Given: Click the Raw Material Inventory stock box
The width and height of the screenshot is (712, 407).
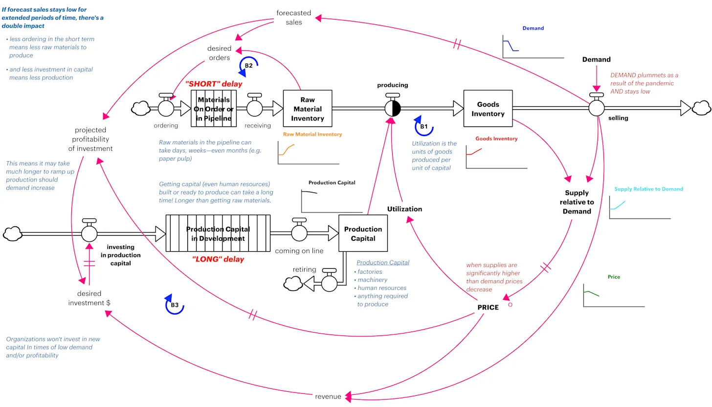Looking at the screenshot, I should tap(307, 109).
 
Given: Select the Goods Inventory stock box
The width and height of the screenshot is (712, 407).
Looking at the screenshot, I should tap(488, 109).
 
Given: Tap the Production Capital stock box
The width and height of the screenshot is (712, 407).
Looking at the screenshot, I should tap(363, 234).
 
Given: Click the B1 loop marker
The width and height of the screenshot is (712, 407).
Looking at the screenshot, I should tap(423, 126).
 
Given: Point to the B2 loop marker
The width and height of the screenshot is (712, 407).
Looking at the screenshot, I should tap(248, 66).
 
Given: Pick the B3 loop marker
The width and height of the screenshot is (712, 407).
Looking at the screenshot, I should tap(174, 305).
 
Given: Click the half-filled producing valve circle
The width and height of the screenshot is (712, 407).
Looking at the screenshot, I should tap(392, 108).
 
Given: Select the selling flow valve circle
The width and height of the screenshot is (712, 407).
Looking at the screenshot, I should tap(596, 108).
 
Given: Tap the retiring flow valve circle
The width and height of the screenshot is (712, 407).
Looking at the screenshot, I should tap(329, 283).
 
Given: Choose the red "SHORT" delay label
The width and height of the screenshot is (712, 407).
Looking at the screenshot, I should tap(214, 84).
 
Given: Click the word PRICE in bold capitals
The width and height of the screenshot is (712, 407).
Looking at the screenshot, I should tap(488, 307).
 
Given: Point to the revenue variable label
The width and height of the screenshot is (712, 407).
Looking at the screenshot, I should tap(328, 396).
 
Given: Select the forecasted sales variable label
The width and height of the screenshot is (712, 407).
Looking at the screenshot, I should tap(293, 18).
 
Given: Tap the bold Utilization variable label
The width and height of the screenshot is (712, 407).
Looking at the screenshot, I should tap(404, 209).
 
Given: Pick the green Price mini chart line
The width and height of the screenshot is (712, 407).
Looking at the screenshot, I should tap(591, 293).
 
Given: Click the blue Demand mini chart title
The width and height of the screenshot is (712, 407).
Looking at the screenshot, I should tap(533, 28).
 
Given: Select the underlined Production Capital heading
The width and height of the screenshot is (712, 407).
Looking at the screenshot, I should tap(382, 263).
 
